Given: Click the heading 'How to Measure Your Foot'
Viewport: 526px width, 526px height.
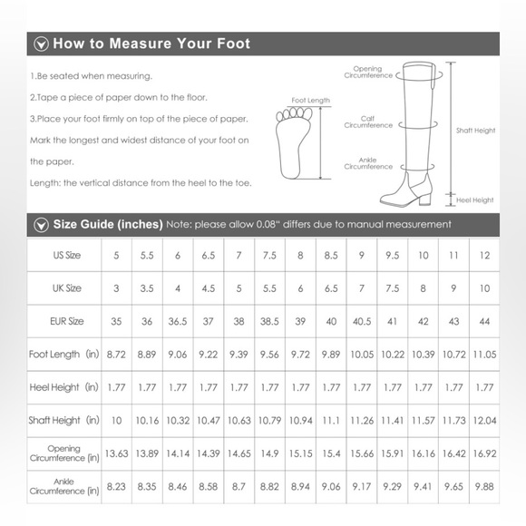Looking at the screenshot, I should [x=151, y=44].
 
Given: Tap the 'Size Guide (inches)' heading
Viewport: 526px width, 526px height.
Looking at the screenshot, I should [x=108, y=224].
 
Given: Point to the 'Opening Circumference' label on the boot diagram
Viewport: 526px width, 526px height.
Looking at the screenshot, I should [x=367, y=73].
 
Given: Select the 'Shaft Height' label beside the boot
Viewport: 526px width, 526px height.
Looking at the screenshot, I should [x=476, y=131].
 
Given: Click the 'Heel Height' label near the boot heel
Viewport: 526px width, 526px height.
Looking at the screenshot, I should [x=475, y=200].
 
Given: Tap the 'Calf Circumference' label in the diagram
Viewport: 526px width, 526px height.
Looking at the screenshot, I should [x=368, y=122].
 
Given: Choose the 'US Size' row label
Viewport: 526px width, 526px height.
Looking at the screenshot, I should [x=66, y=256].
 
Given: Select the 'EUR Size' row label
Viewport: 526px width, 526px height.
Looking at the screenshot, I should [x=66, y=321].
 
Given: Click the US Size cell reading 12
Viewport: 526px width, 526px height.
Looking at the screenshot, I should [x=484, y=256].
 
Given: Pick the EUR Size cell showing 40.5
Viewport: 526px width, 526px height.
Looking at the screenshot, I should [x=362, y=321].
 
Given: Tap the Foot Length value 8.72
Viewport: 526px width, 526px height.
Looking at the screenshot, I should [x=116, y=355].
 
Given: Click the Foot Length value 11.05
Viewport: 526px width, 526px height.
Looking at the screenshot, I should [x=484, y=355].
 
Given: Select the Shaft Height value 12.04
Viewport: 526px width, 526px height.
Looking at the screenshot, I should [x=484, y=421].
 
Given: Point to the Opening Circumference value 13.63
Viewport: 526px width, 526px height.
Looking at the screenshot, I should [x=116, y=453].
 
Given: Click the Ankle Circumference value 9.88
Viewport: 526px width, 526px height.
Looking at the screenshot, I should [x=484, y=487].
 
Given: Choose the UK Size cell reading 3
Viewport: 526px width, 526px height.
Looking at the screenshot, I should [x=116, y=288].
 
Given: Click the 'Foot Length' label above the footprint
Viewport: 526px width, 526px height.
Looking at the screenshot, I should [x=310, y=101].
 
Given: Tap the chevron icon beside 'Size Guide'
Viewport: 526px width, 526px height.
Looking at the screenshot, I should [x=41, y=224].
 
